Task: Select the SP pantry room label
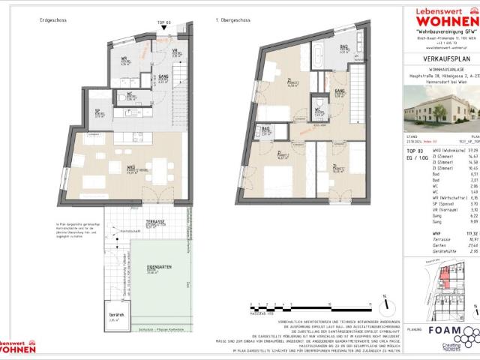coord(98,112)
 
